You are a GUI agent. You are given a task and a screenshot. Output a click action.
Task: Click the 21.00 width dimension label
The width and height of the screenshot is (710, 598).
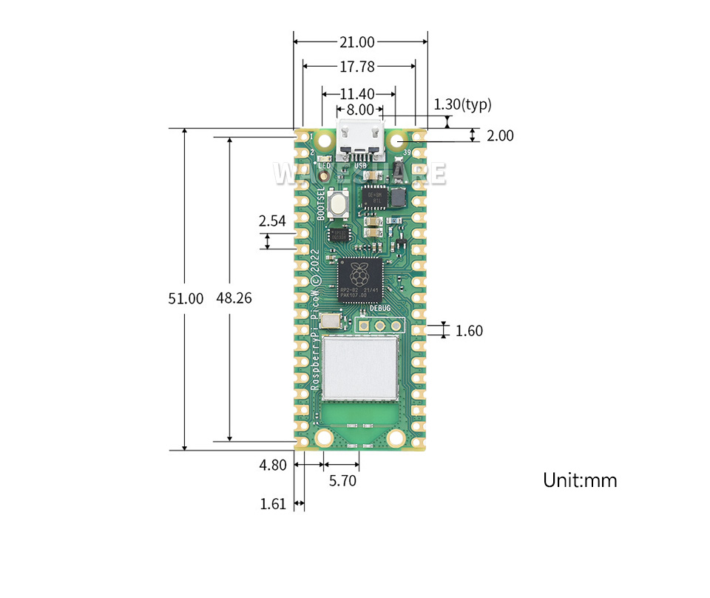(x=356, y=42)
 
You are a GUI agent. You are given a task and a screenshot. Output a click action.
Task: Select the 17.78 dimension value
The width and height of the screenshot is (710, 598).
(x=356, y=67)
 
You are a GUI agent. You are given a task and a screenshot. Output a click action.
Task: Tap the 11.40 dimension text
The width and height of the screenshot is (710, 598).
(x=357, y=94)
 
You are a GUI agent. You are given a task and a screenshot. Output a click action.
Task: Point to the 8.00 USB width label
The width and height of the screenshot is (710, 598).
(x=360, y=110)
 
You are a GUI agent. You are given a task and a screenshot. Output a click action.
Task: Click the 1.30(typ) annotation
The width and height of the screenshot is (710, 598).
(x=462, y=104)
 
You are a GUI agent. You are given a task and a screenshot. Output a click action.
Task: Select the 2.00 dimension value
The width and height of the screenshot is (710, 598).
(x=500, y=135)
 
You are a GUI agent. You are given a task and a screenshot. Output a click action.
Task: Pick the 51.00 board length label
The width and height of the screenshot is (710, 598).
(x=185, y=299)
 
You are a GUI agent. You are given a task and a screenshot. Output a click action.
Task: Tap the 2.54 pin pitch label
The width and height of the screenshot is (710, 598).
(x=272, y=221)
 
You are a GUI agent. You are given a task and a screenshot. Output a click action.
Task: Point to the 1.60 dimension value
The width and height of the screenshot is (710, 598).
(x=469, y=331)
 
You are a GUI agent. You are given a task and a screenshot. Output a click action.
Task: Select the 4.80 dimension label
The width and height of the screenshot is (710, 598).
(x=272, y=466)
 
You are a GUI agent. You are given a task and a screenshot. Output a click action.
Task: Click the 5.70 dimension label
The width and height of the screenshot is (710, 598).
(x=342, y=481)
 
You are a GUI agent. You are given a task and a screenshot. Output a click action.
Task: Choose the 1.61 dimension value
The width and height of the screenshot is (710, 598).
(x=272, y=505)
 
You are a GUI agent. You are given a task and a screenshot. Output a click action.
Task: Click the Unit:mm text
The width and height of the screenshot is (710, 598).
(x=580, y=480)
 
